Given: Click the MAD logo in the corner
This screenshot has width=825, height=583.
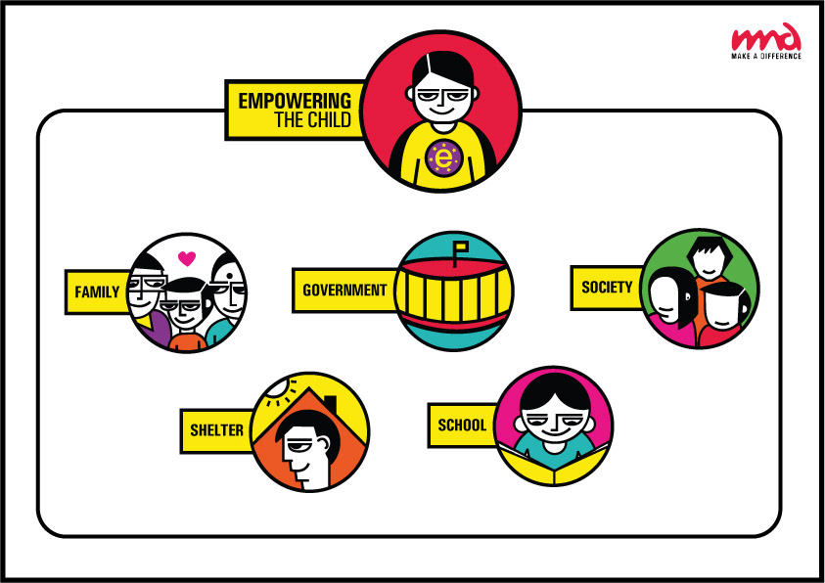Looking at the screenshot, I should click(x=766, y=37).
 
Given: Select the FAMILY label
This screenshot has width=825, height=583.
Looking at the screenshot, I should click(x=96, y=291).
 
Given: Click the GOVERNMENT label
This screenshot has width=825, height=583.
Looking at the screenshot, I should click(x=344, y=291).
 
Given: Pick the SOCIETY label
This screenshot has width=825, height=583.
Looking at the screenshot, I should click(x=607, y=287).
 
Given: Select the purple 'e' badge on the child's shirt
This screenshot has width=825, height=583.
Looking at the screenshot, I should click(x=444, y=157).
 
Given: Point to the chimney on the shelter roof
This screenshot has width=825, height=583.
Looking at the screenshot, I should click(x=330, y=404).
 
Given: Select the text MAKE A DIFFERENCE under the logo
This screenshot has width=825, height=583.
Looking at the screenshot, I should click(x=766, y=57).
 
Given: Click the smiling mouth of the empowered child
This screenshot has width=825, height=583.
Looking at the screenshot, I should click(x=443, y=126).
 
